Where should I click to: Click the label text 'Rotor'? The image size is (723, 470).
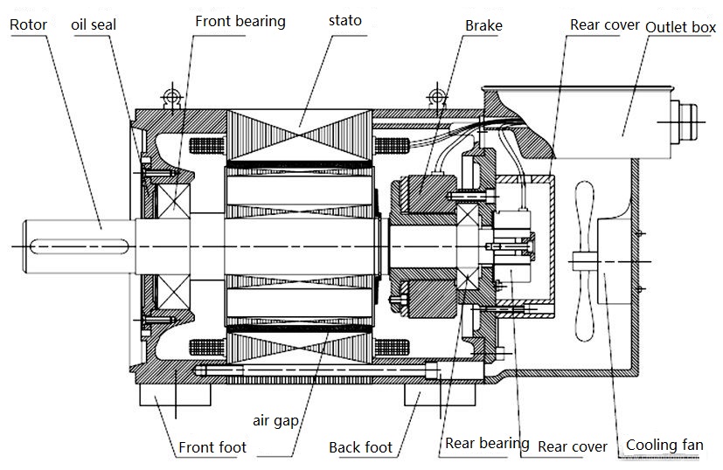[28, 24]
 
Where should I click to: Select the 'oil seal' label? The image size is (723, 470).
[94, 24]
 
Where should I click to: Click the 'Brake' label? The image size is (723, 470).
[483, 25]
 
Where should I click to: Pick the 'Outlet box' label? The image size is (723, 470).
[680, 27]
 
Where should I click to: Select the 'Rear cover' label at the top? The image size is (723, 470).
[604, 24]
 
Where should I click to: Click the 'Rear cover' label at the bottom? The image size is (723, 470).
[572, 446]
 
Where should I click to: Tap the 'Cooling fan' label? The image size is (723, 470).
[664, 446]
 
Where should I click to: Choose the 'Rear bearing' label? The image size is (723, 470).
[487, 443]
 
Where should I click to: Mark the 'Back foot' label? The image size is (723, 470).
[360, 447]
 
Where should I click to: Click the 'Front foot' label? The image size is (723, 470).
[212, 447]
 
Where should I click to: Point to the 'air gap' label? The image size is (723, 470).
[277, 420]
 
